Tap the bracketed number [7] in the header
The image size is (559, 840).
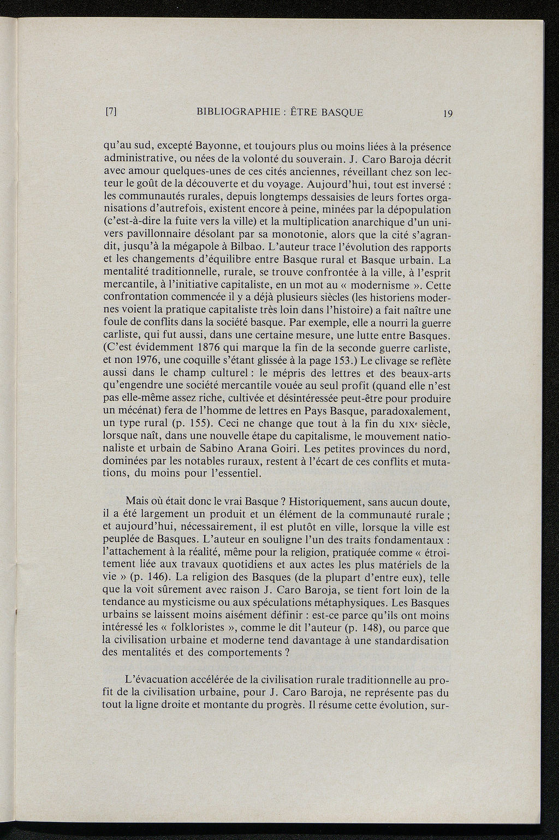point(111,113)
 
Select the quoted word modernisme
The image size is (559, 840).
point(382,285)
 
